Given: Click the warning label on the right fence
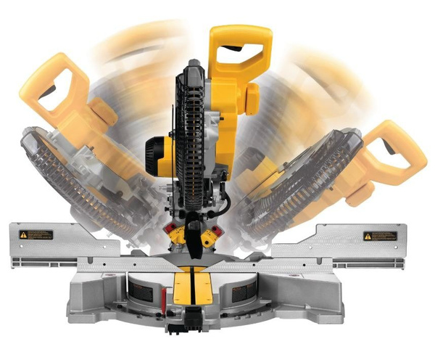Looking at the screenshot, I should (x=380, y=236).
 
